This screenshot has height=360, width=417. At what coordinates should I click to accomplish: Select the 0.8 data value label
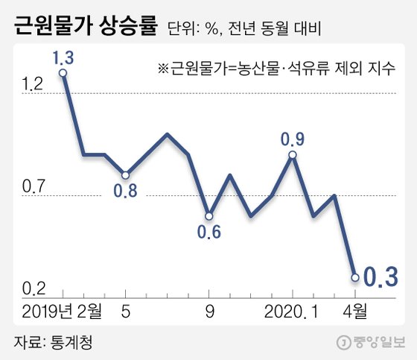125,191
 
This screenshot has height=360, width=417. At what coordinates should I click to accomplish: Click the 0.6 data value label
209,232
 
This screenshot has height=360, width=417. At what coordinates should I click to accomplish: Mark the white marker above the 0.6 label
209,215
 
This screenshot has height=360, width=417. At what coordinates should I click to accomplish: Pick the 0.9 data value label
292,138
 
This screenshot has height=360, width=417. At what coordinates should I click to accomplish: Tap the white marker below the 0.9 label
292,154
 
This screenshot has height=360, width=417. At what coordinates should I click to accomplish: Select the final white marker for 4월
355,277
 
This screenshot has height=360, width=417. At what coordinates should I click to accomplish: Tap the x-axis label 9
209,309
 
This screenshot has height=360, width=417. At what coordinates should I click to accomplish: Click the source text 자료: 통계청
55,342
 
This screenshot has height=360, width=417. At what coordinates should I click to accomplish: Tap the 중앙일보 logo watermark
370,342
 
